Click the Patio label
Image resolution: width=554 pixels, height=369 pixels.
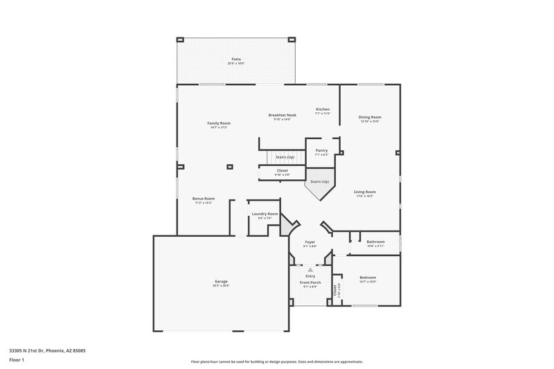[236, 60]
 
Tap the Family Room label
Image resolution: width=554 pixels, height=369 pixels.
[218, 124]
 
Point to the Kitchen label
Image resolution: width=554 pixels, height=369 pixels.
[323, 109]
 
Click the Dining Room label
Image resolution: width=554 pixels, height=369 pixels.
[370, 118]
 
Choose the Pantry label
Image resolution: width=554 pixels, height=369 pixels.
[321, 151]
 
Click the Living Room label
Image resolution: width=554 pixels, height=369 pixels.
[365, 192]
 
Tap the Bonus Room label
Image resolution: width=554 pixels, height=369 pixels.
[203, 199]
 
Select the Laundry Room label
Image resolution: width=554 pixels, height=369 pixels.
[265, 215]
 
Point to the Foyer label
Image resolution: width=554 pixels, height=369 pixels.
[310, 242]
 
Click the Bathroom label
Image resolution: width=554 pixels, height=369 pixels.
[375, 242]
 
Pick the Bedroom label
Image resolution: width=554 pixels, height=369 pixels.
[368, 278]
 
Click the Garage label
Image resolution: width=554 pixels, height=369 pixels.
[221, 282]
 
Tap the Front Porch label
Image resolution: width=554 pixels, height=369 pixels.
[310, 283]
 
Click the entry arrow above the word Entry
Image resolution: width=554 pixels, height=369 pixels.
[310, 269]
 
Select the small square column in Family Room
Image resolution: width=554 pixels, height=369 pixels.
[230, 166]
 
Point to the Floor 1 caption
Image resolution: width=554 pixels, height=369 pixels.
[16, 361]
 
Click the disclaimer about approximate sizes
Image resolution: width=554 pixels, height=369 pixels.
[276, 361]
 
